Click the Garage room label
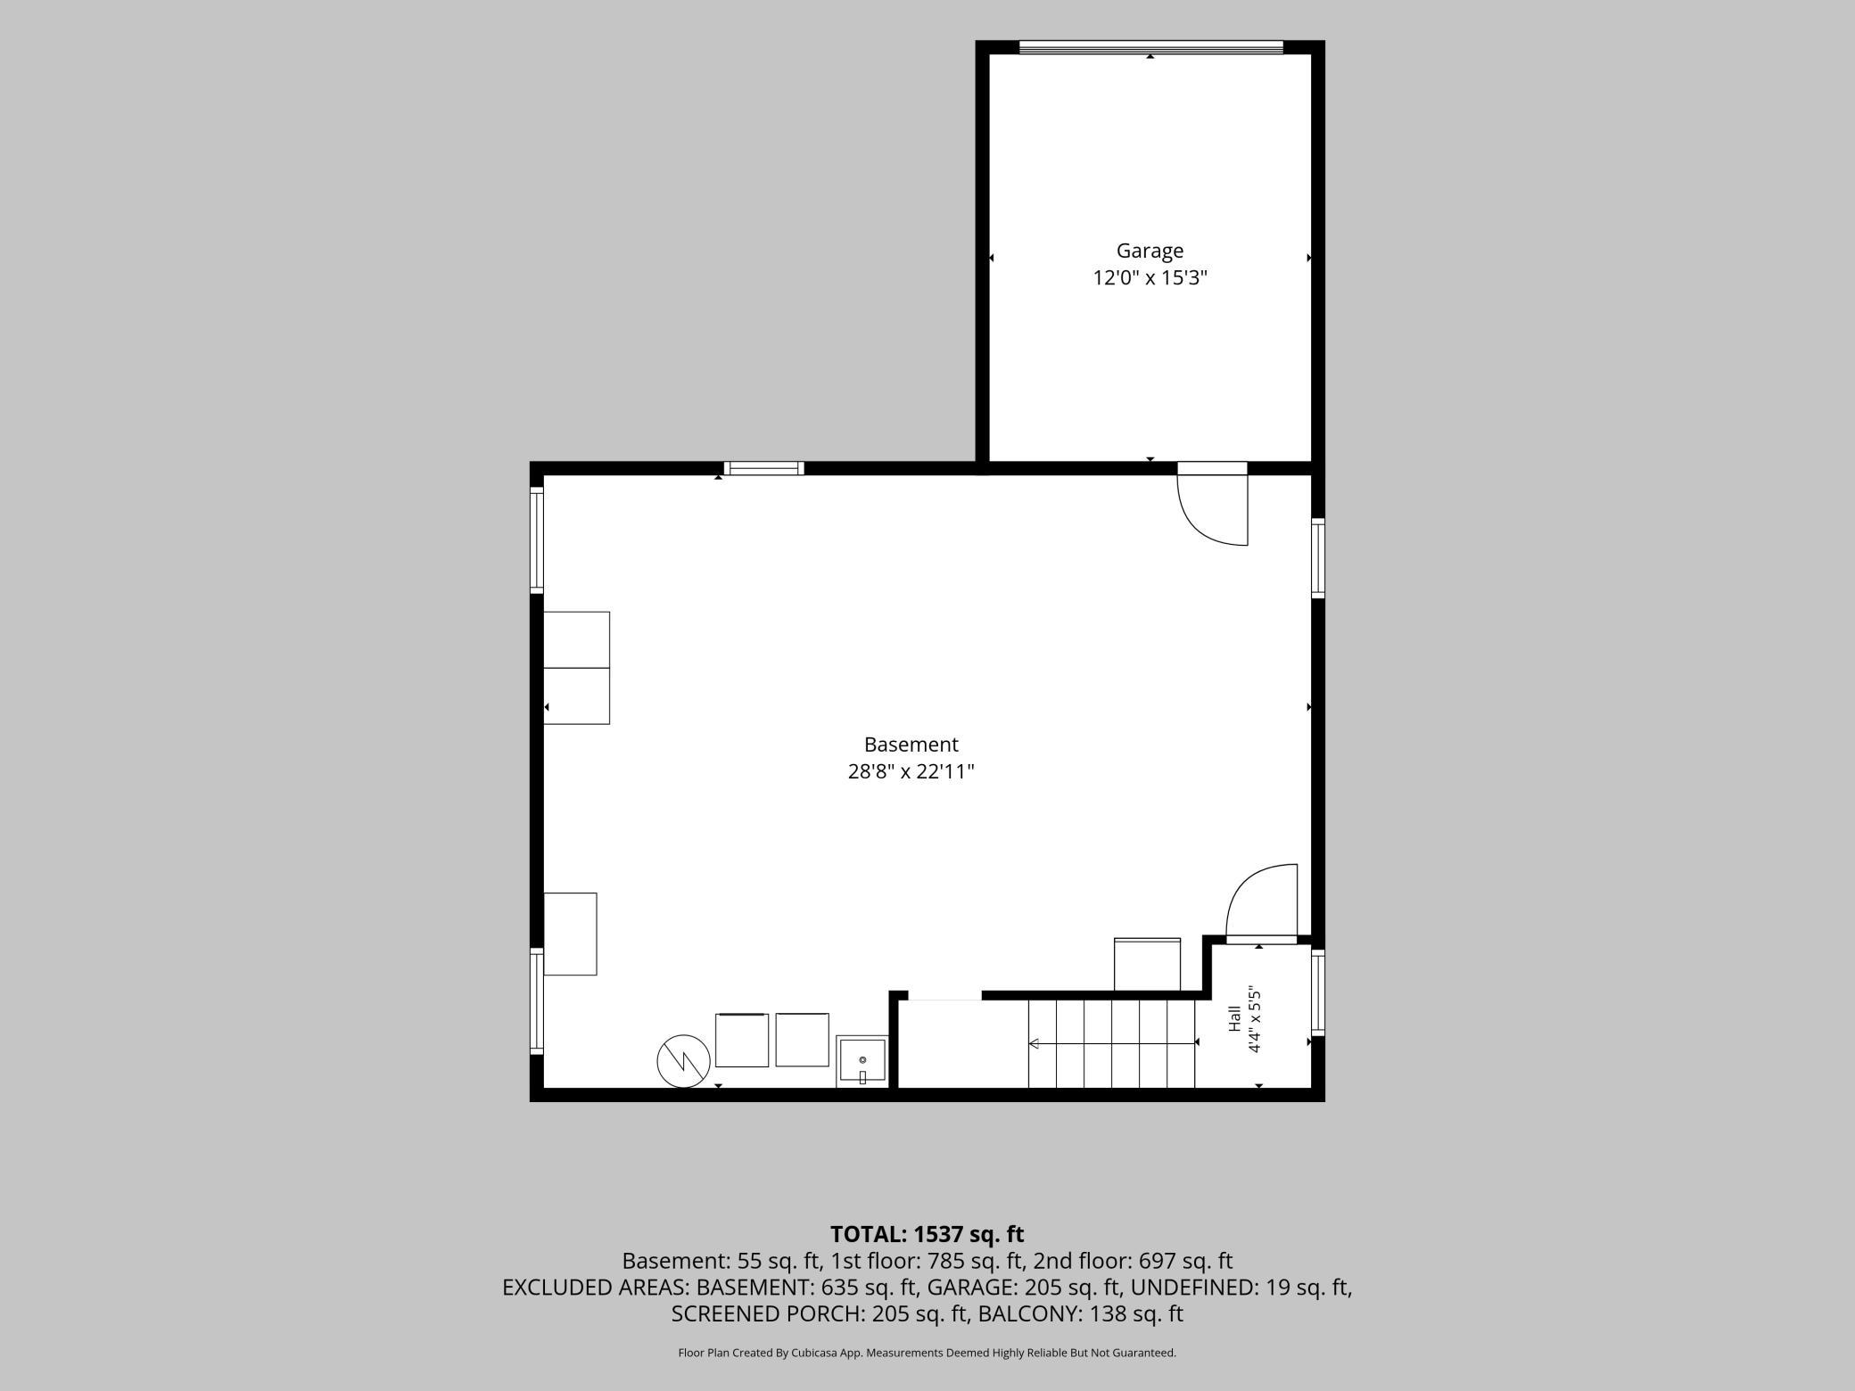1150,251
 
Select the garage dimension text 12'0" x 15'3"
1150,278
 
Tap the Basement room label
911,745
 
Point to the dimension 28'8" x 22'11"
911,771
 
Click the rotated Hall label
1234,1018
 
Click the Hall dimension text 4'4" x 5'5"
1255,1019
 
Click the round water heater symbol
683,1060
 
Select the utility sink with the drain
862,1061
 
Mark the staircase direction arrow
1112,1043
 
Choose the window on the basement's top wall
763,468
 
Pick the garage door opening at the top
1150,47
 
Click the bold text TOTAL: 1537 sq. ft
927,1234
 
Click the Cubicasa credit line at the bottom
927,1353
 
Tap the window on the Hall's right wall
1318,992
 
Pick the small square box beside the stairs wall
1147,964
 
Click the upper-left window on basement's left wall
537,539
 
